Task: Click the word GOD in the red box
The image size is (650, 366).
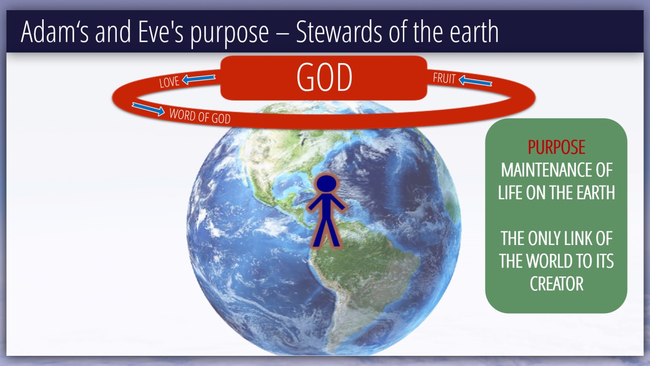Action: click(x=324, y=77)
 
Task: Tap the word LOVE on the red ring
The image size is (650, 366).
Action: click(x=170, y=82)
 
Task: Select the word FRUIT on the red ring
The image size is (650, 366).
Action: click(x=444, y=78)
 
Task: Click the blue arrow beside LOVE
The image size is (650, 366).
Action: click(x=199, y=79)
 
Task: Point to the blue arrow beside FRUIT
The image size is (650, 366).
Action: click(x=475, y=81)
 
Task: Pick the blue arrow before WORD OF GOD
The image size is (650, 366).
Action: click(x=148, y=109)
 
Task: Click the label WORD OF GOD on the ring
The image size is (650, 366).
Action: click(x=200, y=116)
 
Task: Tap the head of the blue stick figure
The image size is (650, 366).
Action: click(x=327, y=184)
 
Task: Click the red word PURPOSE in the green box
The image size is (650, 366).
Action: click(x=556, y=147)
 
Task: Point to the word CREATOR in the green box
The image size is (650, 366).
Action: click(x=557, y=284)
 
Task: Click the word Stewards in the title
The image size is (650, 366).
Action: click(x=339, y=32)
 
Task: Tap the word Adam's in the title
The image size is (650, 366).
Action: click(x=55, y=32)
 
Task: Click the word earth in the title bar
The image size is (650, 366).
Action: click(x=474, y=32)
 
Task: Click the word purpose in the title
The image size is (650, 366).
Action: click(x=230, y=34)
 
